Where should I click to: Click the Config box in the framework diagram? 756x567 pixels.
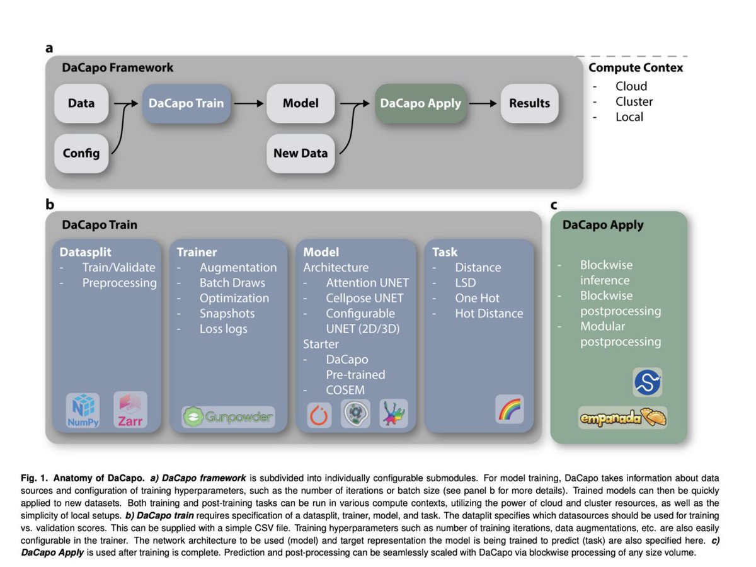(x=81, y=153)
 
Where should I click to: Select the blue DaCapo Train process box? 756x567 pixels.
(x=186, y=103)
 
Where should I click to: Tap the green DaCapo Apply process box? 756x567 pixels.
(x=421, y=103)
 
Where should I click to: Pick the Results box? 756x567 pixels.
(x=529, y=103)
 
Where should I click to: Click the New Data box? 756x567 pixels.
(x=301, y=153)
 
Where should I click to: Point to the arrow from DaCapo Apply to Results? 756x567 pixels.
(x=483, y=103)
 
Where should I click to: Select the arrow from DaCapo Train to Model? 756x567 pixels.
(x=249, y=103)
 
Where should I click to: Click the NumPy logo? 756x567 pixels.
(x=83, y=410)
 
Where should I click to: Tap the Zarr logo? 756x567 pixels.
(x=130, y=409)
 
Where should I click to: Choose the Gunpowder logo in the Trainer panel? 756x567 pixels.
(x=228, y=417)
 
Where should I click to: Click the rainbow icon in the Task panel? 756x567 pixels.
(x=510, y=409)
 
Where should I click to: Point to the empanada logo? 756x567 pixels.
(x=622, y=418)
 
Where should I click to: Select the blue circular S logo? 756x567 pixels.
(x=647, y=382)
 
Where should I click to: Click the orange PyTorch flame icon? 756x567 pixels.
(x=319, y=415)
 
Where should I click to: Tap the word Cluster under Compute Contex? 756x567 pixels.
(x=634, y=101)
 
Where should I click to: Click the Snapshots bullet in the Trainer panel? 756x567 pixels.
(x=227, y=313)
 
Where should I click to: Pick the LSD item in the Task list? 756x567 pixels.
(x=466, y=283)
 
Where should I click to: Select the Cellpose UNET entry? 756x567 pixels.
(x=364, y=298)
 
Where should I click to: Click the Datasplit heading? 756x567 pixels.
(x=86, y=253)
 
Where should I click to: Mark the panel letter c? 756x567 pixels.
(x=554, y=205)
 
